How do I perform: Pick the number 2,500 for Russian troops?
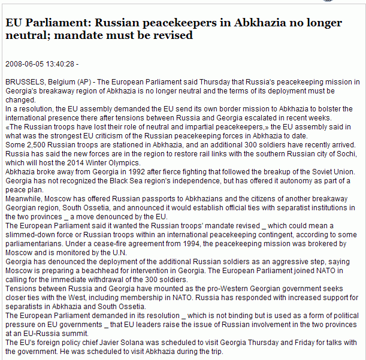pyautogui.click(x=33, y=146)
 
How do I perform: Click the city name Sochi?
pyautogui.click(x=340, y=154)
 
